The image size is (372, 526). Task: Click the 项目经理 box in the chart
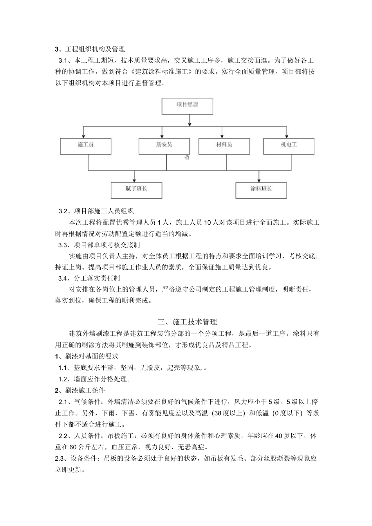187,106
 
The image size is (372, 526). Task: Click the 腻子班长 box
136,189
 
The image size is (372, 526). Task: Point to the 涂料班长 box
261,189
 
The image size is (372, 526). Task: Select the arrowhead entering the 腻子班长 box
134,179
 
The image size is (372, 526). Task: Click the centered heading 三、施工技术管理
187,322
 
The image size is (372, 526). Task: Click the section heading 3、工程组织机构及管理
90,49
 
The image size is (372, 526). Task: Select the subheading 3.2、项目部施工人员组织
96,211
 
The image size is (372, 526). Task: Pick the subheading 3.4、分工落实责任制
89,278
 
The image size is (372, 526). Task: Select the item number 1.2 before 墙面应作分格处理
63,379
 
